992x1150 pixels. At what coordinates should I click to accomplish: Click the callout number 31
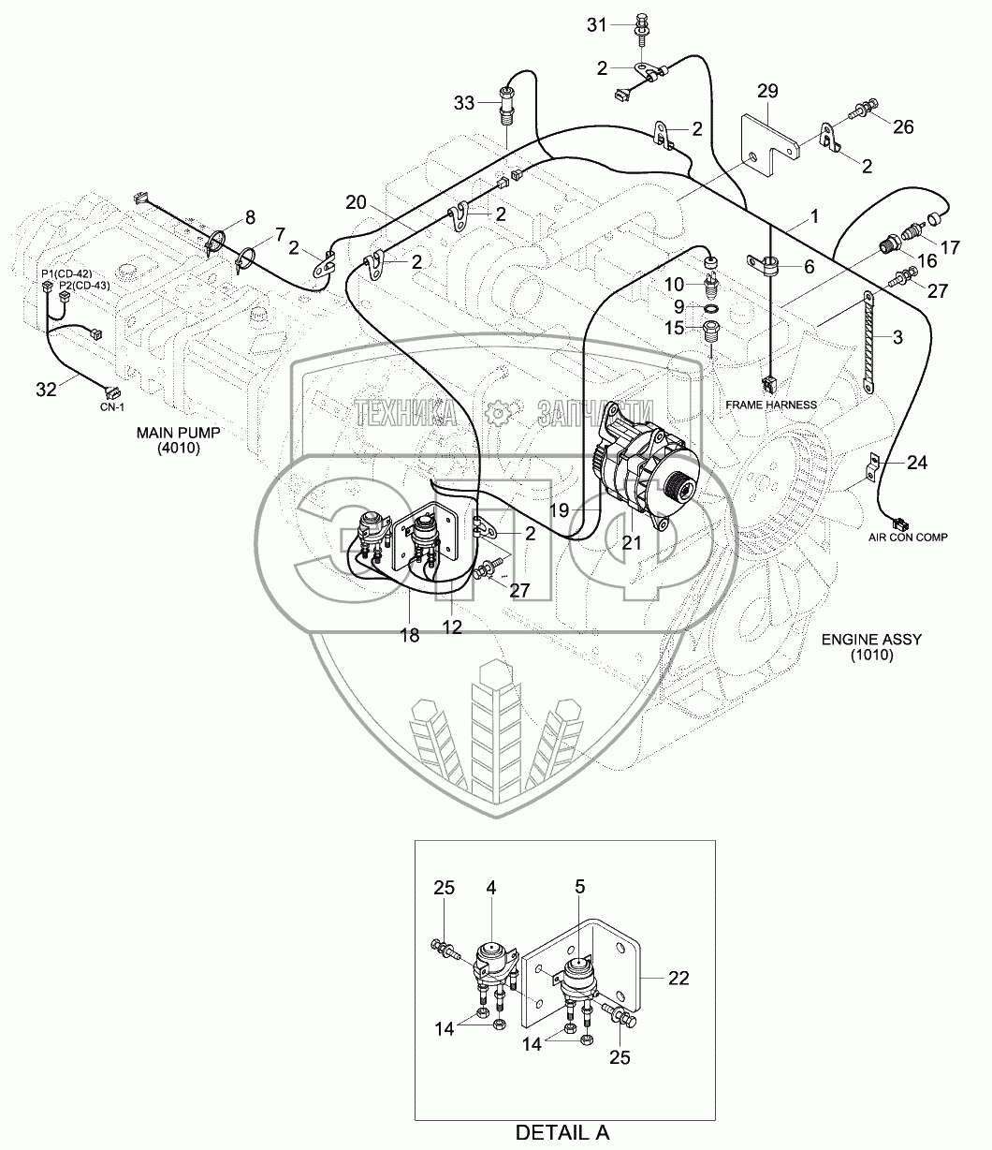(597, 25)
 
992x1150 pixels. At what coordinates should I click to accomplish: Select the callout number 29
(768, 91)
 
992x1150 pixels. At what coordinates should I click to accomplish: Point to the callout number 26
(904, 126)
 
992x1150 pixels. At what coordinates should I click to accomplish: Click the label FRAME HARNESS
(771, 405)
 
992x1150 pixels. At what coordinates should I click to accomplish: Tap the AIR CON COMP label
(908, 537)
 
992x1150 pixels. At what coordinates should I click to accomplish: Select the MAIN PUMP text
(179, 432)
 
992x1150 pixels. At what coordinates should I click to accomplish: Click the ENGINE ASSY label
(872, 640)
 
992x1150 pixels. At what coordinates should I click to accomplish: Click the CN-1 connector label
(112, 407)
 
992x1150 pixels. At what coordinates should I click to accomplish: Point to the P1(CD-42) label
(66, 273)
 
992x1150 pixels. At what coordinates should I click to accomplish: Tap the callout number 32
(46, 390)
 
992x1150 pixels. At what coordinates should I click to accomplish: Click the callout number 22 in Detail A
(678, 978)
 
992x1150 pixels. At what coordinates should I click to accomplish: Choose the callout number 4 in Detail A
(491, 888)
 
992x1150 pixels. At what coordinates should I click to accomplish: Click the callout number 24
(917, 463)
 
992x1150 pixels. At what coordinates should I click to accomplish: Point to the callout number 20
(356, 202)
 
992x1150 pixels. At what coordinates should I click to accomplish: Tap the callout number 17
(950, 247)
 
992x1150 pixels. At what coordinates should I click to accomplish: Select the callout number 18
(410, 635)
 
